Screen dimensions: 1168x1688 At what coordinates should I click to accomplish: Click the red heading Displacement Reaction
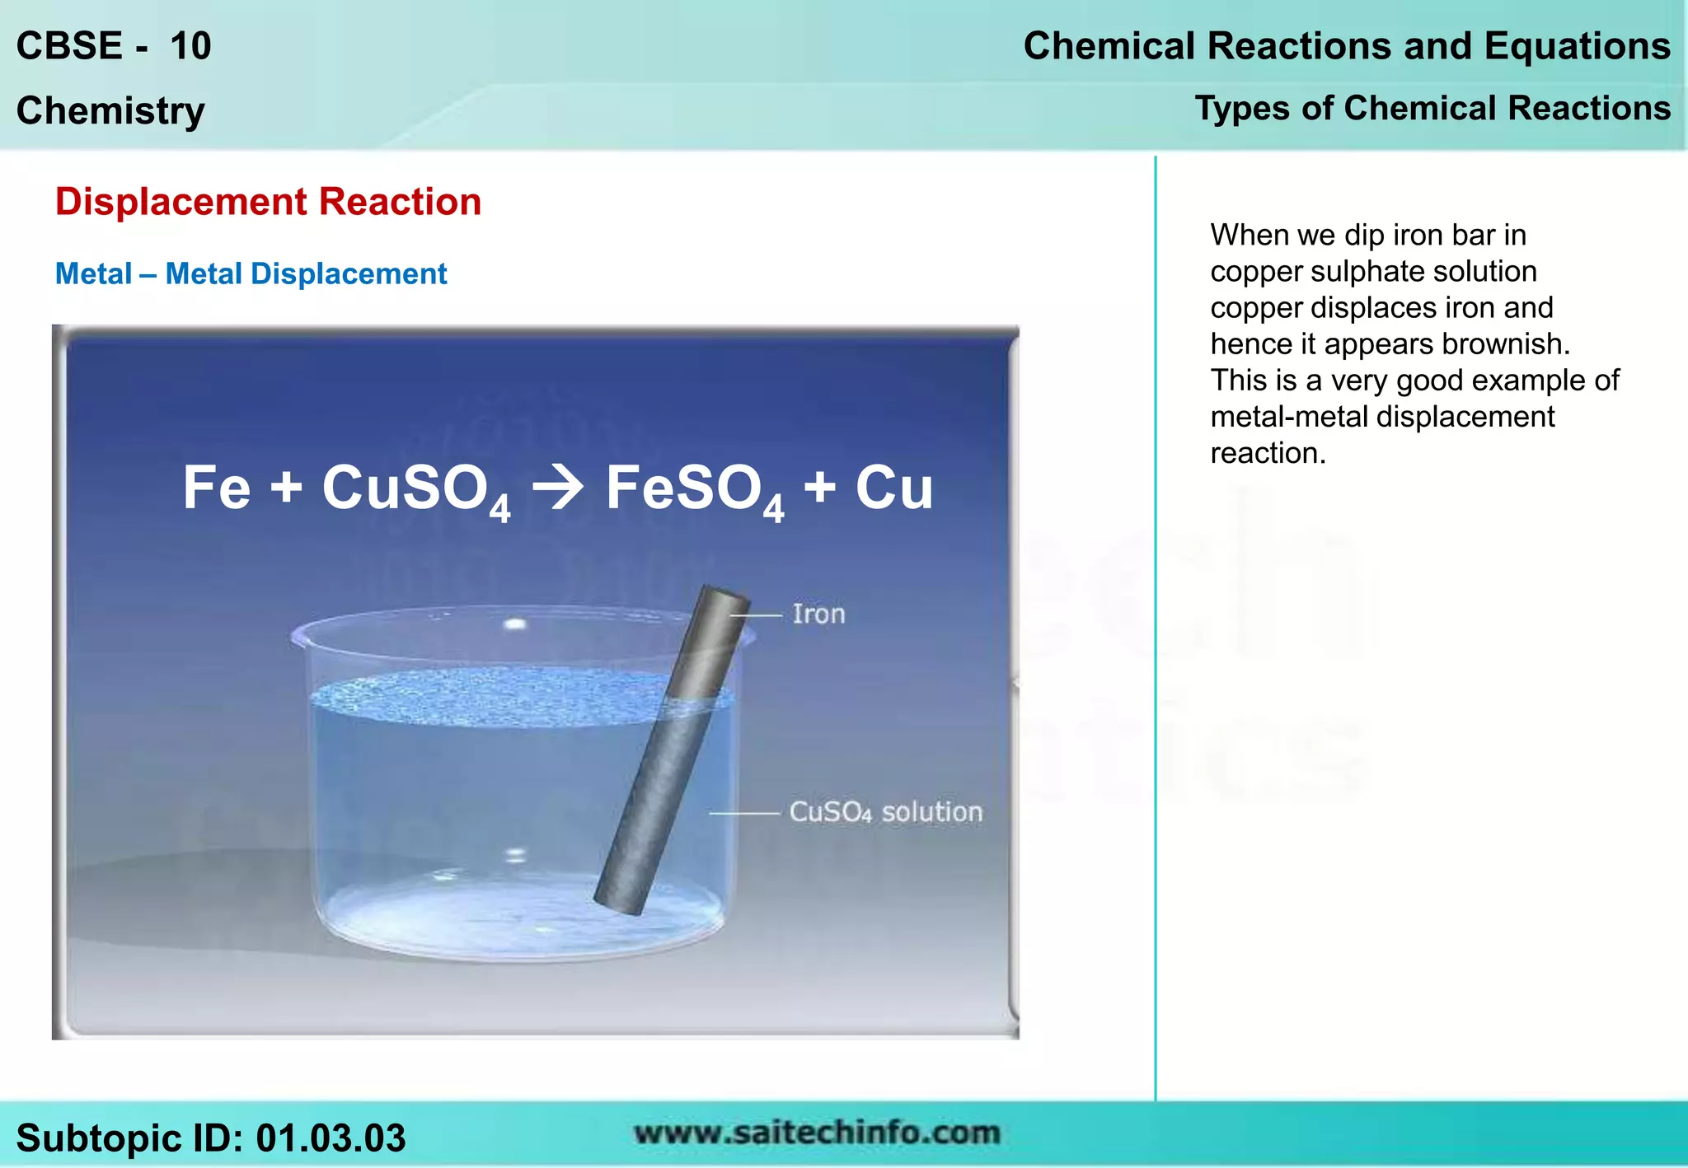pos(268,202)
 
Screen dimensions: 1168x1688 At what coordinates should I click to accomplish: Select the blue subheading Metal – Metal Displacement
pos(251,274)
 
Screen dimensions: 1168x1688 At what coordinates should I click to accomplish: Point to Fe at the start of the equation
pos(216,488)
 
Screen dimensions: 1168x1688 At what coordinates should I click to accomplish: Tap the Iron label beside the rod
pos(818,614)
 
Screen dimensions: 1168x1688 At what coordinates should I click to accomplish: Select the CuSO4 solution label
pos(885,812)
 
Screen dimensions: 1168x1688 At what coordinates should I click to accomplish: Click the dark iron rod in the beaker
pos(669,758)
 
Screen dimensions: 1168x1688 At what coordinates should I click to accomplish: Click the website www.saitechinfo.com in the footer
pos(817,1133)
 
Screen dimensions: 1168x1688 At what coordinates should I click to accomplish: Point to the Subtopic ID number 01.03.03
pos(331,1138)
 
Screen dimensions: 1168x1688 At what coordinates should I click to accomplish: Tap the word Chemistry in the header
pos(110,110)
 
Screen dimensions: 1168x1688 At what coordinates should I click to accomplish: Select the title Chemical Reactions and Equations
pos(1347,46)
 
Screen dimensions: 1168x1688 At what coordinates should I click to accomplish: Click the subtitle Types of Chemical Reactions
pos(1432,109)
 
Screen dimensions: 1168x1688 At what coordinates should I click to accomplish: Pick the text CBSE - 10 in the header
pos(114,46)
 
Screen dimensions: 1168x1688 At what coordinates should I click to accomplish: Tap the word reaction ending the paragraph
pos(1267,453)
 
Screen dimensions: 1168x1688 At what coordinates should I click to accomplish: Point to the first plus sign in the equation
pos(286,488)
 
